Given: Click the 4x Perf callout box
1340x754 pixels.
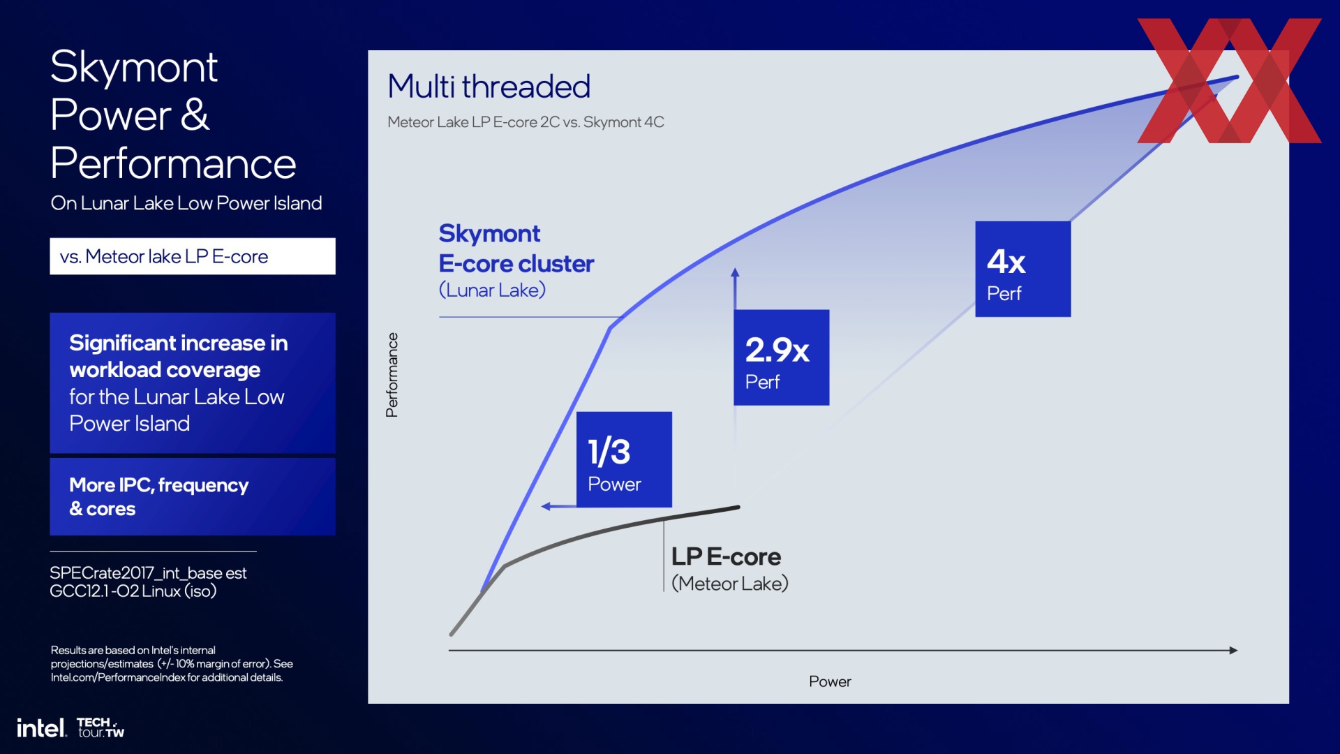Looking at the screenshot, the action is click(x=1022, y=269).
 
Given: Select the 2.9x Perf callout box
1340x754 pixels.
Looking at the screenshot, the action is click(x=781, y=357).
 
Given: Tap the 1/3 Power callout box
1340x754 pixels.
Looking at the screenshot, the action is click(x=624, y=459).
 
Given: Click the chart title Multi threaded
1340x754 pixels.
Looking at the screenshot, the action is click(x=489, y=87).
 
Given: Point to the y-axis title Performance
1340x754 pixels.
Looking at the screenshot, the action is click(x=392, y=375).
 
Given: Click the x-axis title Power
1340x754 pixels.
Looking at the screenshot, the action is click(x=830, y=681).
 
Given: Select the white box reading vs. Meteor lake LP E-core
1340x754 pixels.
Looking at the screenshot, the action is click(x=193, y=256).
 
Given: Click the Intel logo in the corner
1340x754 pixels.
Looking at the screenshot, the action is click(x=42, y=728).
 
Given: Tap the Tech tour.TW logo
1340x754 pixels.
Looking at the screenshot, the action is click(x=100, y=727).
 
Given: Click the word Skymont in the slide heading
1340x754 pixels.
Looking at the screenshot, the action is click(x=134, y=67).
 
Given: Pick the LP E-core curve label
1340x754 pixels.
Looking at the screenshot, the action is click(x=727, y=556).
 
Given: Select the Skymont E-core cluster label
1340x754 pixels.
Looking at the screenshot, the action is click(x=516, y=249).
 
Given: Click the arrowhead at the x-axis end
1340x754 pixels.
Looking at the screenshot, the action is click(x=1233, y=650).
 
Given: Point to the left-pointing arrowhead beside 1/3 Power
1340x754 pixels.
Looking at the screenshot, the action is click(x=546, y=506).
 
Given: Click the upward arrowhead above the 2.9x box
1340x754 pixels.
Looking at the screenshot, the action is click(x=735, y=273).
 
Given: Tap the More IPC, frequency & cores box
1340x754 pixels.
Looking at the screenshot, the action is click(x=193, y=496).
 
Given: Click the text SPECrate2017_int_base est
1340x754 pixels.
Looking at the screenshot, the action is click(x=148, y=573).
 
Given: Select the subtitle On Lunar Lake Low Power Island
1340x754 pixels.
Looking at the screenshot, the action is click(x=186, y=203).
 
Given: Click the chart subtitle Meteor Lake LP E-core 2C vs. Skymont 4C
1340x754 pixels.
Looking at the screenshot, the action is click(x=526, y=122).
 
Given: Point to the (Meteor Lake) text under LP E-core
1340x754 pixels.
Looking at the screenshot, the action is click(x=730, y=583).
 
